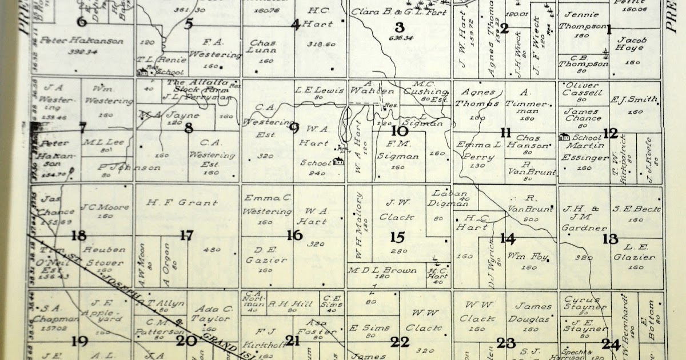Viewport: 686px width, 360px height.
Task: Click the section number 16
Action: pyautogui.click(x=294, y=235)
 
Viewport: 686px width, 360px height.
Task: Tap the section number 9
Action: pyautogui.click(x=294, y=127)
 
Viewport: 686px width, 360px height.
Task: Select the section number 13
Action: pyautogui.click(x=610, y=239)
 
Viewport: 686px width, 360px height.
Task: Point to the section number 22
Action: pyautogui.click(x=400, y=342)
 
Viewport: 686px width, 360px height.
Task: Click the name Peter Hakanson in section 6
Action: pyautogui.click(x=82, y=41)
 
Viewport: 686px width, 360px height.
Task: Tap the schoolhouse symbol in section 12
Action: pyautogui.click(x=564, y=137)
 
